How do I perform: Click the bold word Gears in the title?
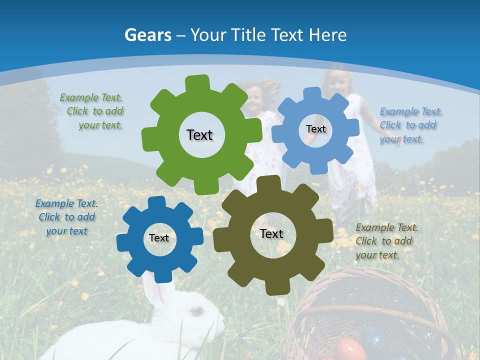147,35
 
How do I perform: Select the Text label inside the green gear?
199,135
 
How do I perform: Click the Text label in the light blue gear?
315,129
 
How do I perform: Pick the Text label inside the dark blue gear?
159,238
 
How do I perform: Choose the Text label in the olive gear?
271,233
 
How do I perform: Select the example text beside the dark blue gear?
66,217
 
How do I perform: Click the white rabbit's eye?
196,311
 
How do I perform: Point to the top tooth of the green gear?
197,83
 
